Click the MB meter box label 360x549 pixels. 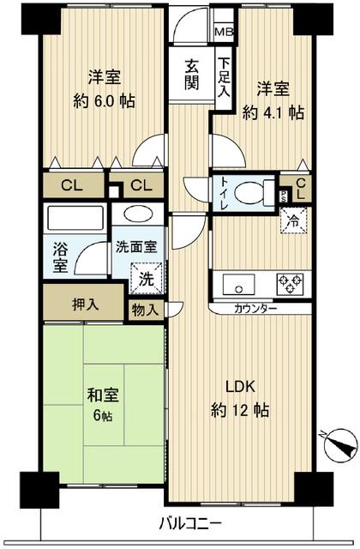tap(222, 33)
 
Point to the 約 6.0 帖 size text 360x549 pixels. tap(103, 100)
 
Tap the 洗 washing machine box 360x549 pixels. tap(146, 278)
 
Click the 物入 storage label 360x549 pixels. tap(145, 310)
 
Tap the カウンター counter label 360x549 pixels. tap(254, 308)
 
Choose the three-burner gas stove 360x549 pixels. tap(288, 282)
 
